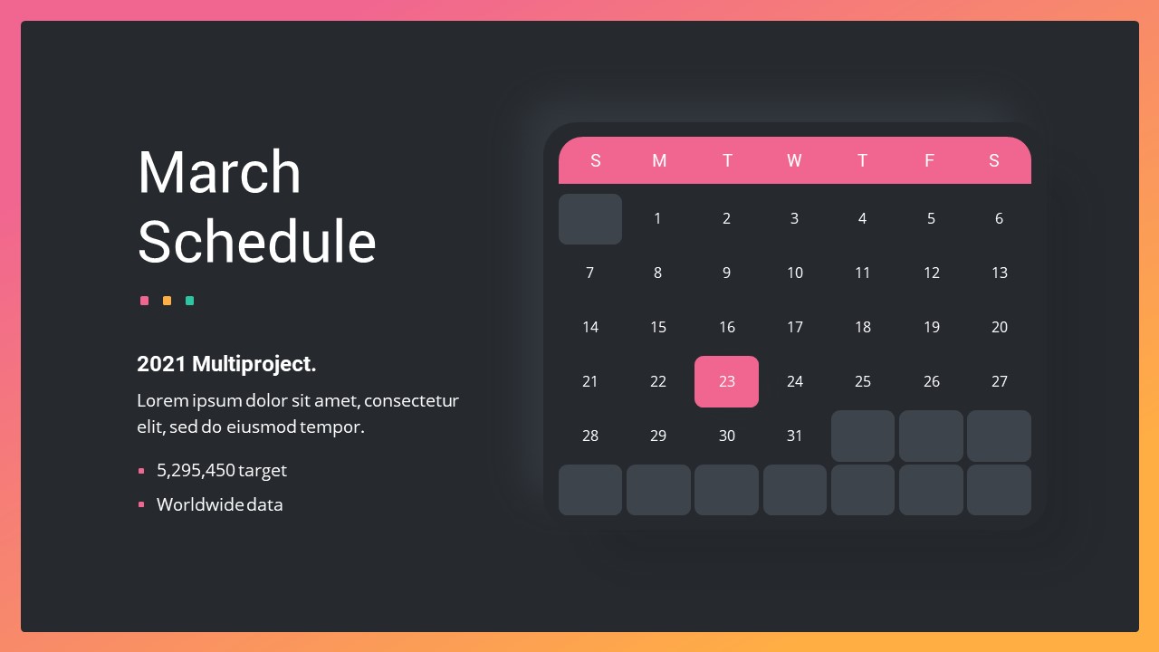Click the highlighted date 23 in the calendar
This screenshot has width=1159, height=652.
click(726, 381)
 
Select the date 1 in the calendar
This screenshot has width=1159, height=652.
click(657, 218)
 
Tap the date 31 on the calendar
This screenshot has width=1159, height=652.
click(794, 436)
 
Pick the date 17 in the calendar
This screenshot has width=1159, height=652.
click(795, 327)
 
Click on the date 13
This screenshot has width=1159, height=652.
click(1000, 273)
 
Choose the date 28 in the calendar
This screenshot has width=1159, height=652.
click(589, 436)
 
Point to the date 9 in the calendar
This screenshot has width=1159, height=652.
click(726, 273)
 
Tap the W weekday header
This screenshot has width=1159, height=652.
click(794, 160)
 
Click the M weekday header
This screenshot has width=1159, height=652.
click(659, 160)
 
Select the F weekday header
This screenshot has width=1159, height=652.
click(930, 160)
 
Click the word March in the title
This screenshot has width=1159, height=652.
click(219, 172)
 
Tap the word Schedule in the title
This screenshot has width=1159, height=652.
click(256, 242)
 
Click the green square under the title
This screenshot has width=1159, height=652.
click(190, 301)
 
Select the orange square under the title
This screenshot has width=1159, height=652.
click(168, 301)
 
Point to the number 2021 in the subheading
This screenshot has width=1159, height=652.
click(161, 364)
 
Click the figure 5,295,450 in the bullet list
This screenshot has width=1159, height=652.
click(196, 470)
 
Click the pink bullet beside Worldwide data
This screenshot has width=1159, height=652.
click(141, 504)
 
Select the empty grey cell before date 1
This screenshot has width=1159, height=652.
click(590, 219)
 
